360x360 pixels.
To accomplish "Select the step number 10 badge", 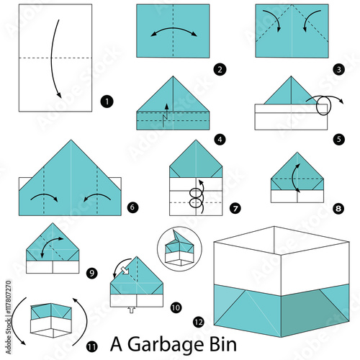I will click(176, 307).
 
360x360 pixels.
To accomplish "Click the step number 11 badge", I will click(91, 347).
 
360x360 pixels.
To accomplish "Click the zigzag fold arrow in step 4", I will click(165, 117).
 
